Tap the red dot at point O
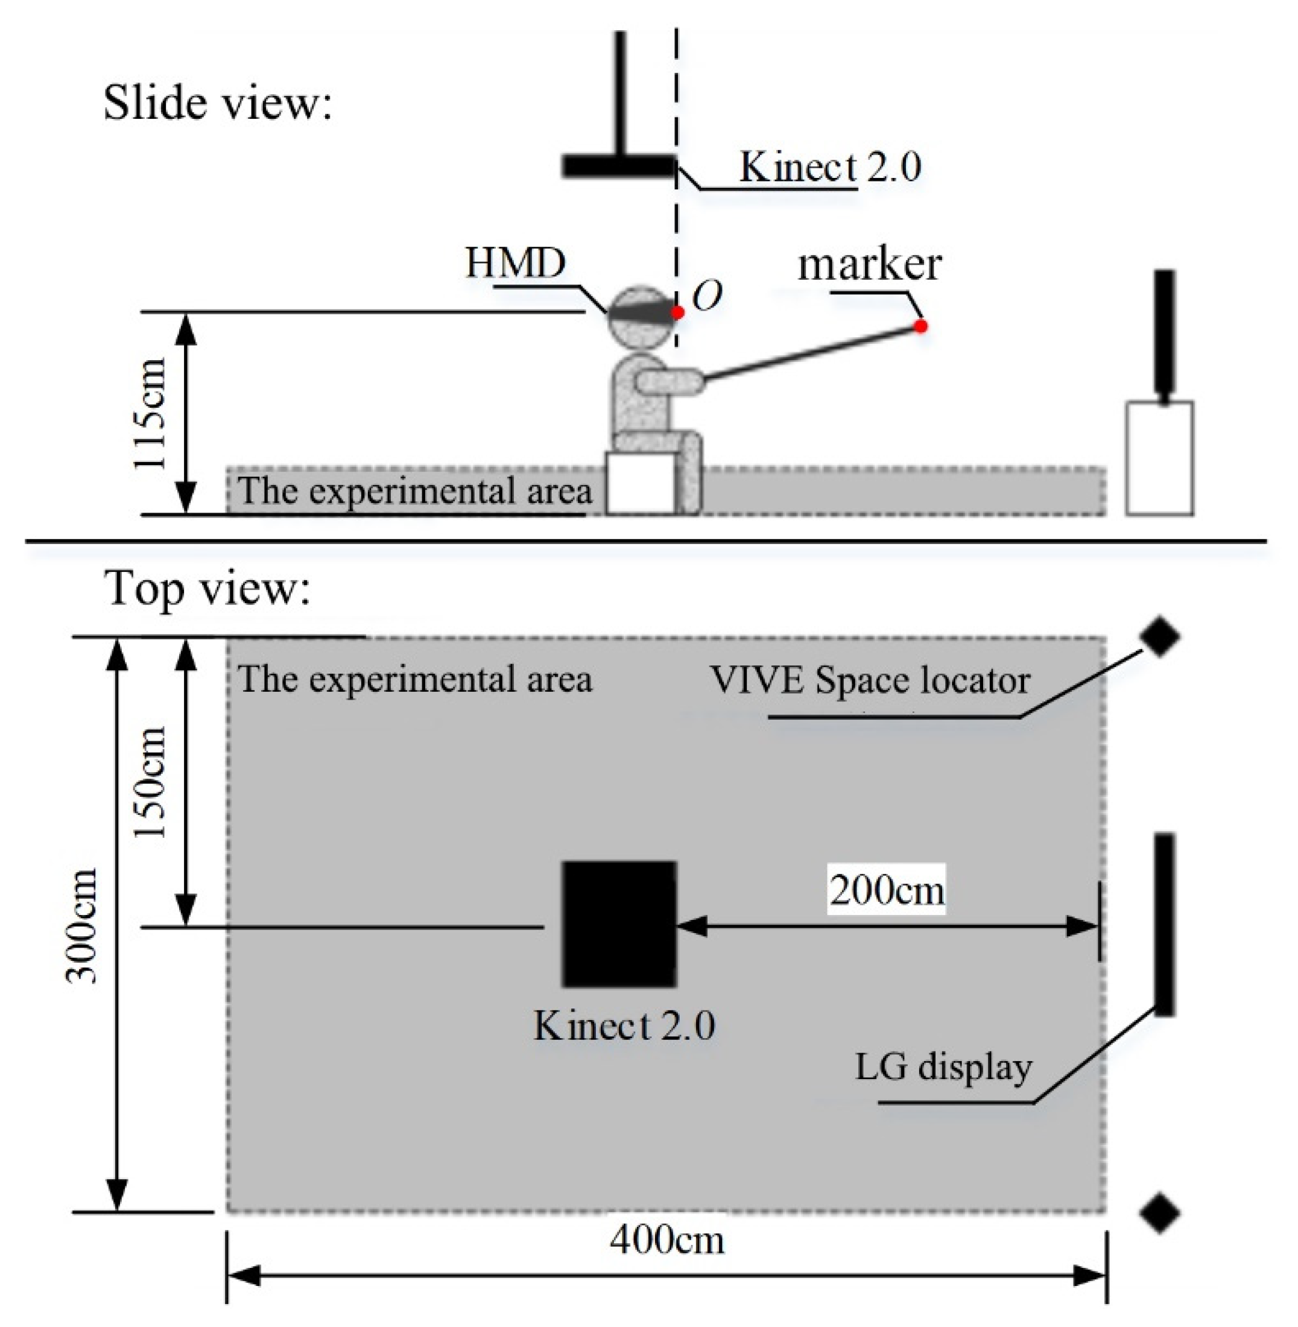tap(677, 312)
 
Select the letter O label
tap(707, 296)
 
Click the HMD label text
tap(515, 262)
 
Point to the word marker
tap(869, 265)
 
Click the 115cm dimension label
tap(151, 413)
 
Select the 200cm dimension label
tap(887, 890)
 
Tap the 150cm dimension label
tap(151, 782)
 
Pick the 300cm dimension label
tap(82, 925)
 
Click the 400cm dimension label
tap(666, 1239)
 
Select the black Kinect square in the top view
tap(619, 924)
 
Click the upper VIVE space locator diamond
tap(1160, 636)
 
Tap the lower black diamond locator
tap(1160, 1212)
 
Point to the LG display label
tap(943, 1067)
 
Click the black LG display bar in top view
tap(1164, 924)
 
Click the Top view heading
tap(207, 588)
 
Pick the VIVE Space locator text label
tap(870, 680)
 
